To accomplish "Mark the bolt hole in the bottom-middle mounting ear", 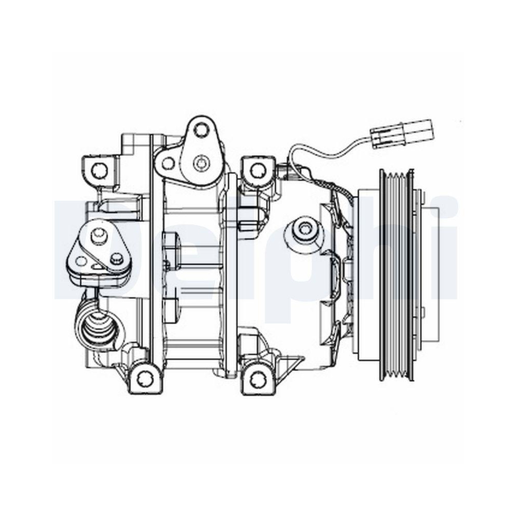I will tap(256, 379).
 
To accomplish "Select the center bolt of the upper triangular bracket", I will tap(199, 163).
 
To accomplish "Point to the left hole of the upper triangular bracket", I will tap(167, 164).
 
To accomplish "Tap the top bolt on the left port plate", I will tap(96, 235).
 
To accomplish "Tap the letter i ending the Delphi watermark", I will tap(448, 248).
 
